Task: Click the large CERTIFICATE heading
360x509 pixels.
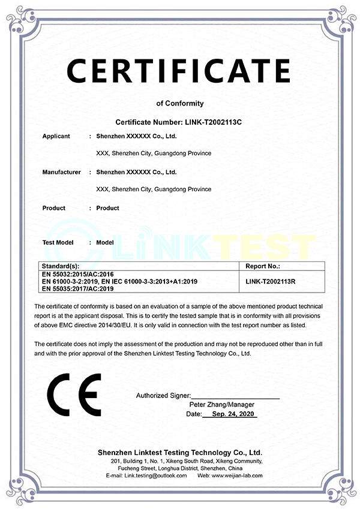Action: [x=179, y=71]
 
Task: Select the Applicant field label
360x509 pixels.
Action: [x=56, y=136]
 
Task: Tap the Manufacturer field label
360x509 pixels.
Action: [x=61, y=172]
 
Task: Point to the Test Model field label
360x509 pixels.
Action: [x=58, y=243]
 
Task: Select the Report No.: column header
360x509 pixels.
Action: [x=263, y=266]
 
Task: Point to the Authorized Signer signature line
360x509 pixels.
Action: [x=235, y=396]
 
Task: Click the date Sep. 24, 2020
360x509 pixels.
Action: [x=230, y=414]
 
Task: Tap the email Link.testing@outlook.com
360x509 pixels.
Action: [x=155, y=475]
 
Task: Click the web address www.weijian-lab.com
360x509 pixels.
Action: [x=238, y=475]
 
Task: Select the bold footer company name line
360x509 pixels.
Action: [x=179, y=451]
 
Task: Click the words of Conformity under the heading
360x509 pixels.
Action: [x=179, y=103]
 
